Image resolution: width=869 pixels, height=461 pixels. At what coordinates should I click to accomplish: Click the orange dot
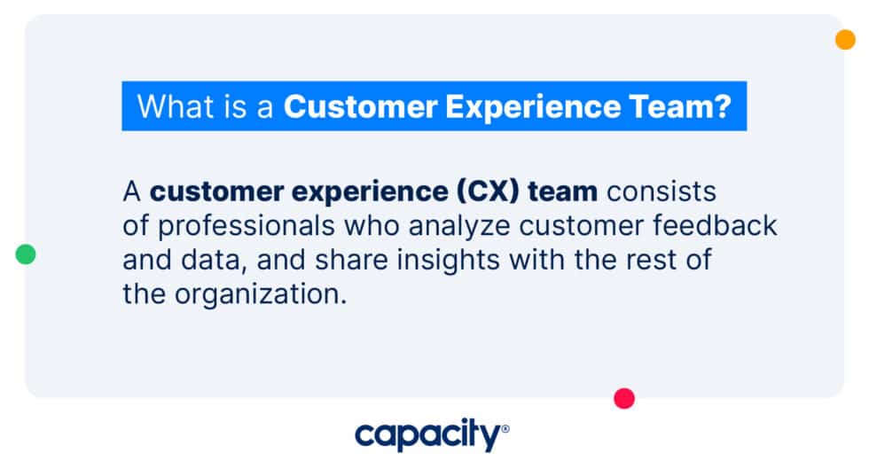pyautogui.click(x=845, y=40)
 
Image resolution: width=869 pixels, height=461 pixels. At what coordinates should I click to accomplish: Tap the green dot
pyautogui.click(x=26, y=255)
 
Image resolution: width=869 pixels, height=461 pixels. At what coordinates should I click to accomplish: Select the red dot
pyautogui.click(x=624, y=399)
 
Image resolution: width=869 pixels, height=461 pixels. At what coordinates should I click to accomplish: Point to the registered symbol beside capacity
pyautogui.click(x=505, y=428)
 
